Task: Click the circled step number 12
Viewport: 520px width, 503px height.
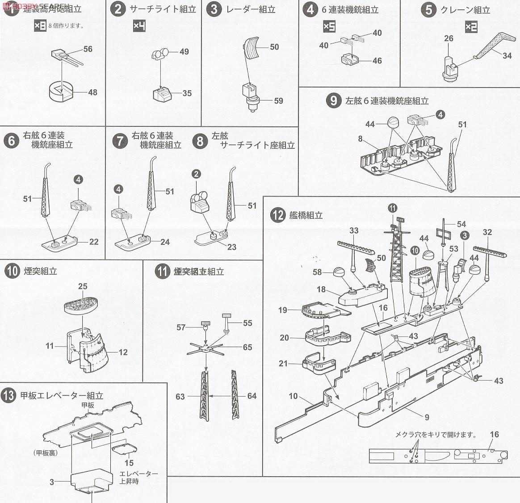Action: tap(277, 215)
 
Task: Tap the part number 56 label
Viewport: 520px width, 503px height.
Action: tap(88, 49)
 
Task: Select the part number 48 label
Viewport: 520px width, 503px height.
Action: tap(92, 92)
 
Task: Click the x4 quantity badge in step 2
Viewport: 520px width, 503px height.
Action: tap(139, 26)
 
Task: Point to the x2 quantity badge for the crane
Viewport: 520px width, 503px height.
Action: tap(471, 27)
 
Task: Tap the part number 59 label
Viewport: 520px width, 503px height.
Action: tap(278, 101)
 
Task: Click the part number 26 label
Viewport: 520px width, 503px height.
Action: tap(449, 38)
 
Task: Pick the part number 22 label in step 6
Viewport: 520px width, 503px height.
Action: tap(93, 242)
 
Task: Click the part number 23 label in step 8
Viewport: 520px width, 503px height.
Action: tap(231, 247)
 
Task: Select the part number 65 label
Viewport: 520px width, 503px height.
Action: tap(247, 347)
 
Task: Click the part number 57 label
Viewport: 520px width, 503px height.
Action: tap(180, 327)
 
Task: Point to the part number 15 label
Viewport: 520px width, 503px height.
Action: tap(129, 463)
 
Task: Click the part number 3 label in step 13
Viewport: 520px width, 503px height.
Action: tap(52, 482)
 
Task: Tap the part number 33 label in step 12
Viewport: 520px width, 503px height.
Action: tap(354, 231)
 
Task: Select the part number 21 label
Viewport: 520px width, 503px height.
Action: tap(283, 364)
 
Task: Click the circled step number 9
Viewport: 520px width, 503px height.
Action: tap(334, 100)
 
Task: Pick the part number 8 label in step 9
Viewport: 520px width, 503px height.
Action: tap(360, 139)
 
